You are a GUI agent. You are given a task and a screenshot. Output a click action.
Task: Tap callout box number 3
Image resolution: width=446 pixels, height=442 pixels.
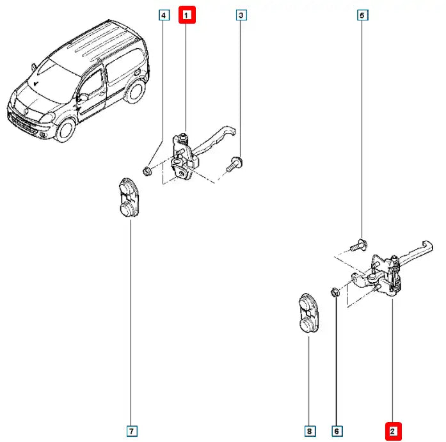(241, 14)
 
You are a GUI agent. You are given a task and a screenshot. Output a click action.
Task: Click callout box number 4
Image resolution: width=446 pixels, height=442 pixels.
(164, 14)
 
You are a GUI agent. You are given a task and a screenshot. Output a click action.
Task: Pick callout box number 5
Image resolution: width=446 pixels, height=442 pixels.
(362, 14)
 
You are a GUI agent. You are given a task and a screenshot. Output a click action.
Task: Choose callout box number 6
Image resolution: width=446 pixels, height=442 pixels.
(336, 432)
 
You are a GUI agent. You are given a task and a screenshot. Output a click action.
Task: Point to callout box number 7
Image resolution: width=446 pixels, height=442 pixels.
(131, 432)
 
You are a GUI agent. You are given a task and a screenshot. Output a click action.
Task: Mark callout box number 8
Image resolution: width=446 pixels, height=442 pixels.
(309, 432)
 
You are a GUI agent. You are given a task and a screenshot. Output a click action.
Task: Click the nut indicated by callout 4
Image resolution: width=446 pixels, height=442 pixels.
(147, 171)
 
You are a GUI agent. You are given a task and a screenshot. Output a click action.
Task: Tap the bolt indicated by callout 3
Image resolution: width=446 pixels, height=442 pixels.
(234, 163)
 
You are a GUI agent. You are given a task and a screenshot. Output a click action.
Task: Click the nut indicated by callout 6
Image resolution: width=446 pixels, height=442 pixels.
(335, 293)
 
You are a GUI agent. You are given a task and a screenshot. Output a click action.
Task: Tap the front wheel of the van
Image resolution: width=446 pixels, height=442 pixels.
(65, 130)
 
